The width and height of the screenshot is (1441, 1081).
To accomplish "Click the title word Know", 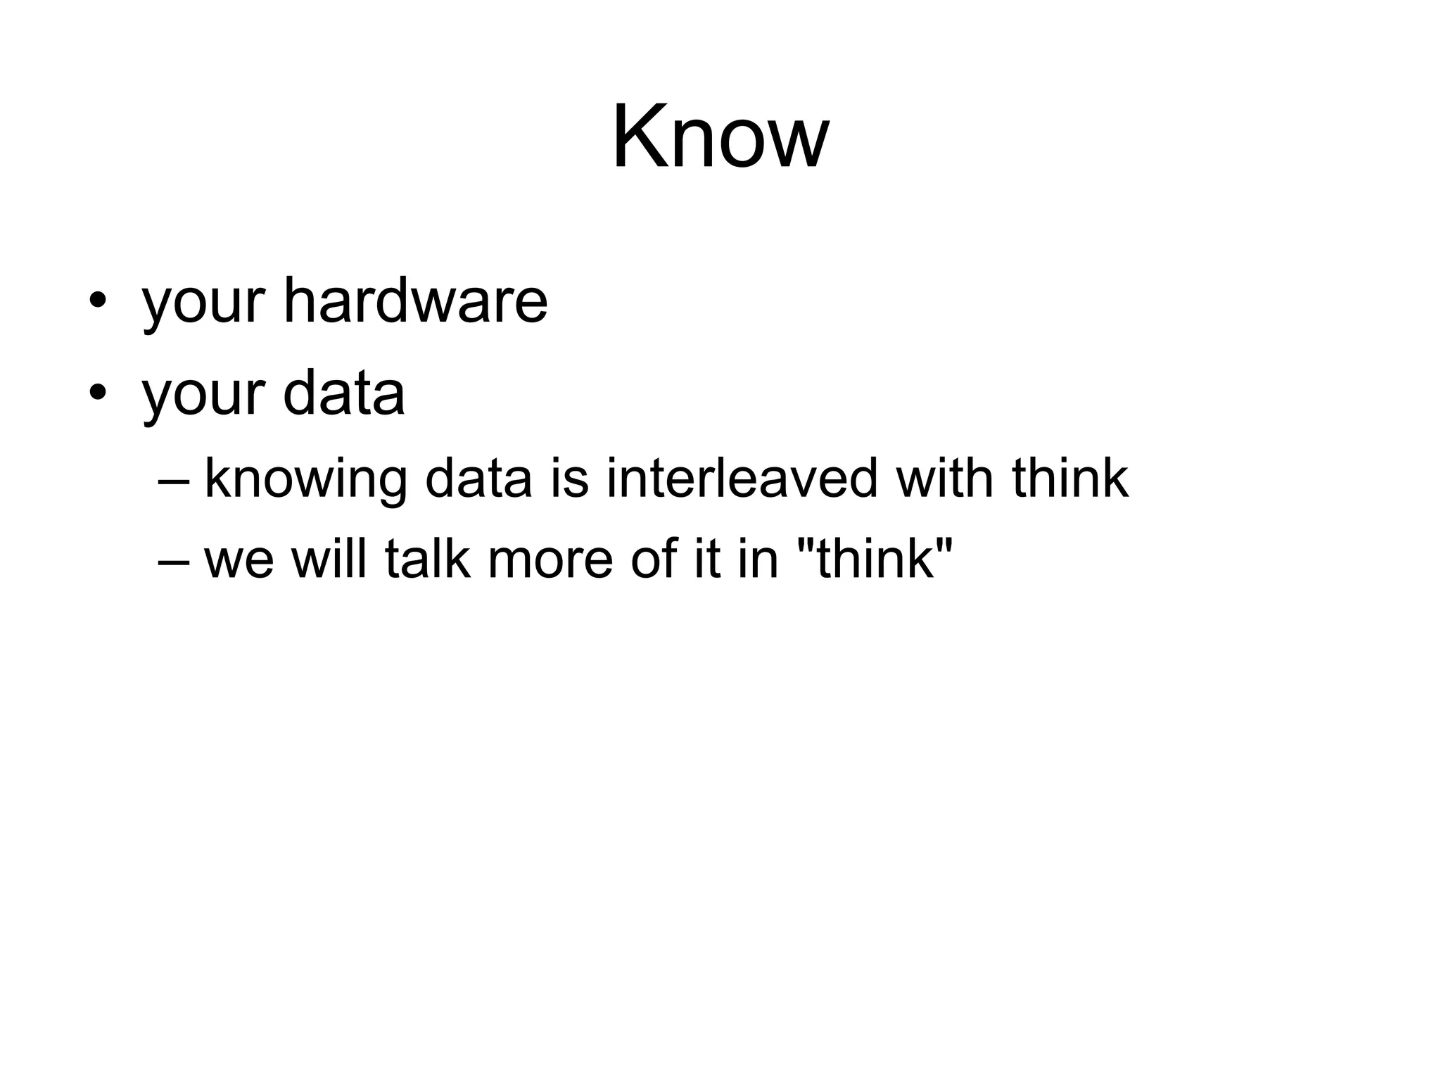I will pos(720,137).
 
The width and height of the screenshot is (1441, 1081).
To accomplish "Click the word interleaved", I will pos(742,479).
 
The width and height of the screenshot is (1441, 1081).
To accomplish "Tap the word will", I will pos(329,559).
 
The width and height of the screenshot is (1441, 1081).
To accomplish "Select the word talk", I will pos(428,559).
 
